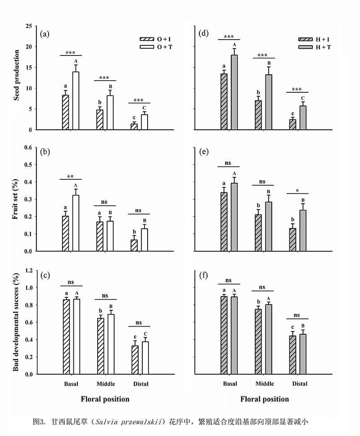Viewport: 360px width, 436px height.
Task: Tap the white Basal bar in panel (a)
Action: (76, 100)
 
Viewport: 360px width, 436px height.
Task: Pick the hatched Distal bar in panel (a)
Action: (134, 127)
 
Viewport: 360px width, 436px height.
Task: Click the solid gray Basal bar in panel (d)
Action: (234, 92)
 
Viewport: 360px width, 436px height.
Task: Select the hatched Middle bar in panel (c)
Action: (100, 346)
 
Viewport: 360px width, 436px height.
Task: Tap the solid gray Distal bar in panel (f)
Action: (303, 354)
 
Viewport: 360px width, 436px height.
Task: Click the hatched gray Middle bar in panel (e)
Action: (258, 232)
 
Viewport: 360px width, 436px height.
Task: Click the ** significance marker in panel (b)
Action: (70, 176)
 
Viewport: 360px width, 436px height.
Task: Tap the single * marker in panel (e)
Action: (297, 190)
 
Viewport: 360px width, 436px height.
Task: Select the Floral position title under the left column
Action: (105, 399)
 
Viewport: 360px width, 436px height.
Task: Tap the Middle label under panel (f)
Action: (265, 384)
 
